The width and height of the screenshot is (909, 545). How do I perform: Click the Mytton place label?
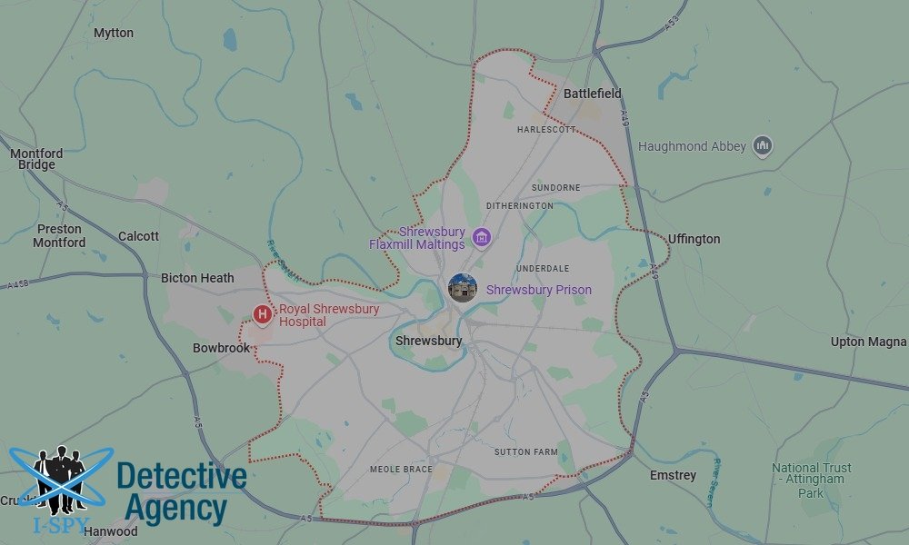pos(114,33)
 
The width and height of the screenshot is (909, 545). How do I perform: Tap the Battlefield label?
pos(593,94)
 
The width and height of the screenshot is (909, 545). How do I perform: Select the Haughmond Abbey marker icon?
pos(763,145)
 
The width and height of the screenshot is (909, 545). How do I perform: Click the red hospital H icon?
pos(263,314)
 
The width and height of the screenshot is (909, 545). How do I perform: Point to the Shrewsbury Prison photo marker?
pos(463,289)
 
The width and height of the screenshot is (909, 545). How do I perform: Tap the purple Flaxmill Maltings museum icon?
pos(482,238)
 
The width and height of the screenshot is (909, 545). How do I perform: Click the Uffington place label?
pos(694,239)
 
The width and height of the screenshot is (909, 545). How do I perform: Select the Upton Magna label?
pos(868,342)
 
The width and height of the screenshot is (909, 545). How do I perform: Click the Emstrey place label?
pos(673,475)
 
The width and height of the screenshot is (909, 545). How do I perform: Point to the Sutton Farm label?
pos(526,451)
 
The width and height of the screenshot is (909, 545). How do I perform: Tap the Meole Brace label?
pos(402,470)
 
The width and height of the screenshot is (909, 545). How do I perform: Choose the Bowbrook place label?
pos(221,348)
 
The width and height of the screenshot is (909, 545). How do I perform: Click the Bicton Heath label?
pos(197,278)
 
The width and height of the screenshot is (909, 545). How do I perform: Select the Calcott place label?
pos(138,236)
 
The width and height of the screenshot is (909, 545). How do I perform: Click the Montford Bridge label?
pos(36,159)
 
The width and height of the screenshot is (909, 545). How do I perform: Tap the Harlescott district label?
pos(546,130)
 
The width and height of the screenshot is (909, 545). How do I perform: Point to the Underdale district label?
pos(543,269)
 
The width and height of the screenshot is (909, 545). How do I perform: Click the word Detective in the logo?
pos(182,476)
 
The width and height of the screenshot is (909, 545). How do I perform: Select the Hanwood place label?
pos(110,531)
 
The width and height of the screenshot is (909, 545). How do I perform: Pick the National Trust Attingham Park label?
pos(810,480)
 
